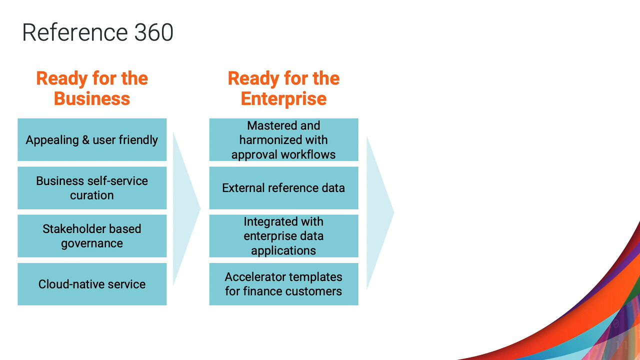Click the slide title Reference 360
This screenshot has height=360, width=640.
97,32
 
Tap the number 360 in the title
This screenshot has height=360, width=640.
153,32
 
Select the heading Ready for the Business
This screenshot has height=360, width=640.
92,88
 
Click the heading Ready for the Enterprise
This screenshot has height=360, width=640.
283,88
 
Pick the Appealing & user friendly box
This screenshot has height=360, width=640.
92,139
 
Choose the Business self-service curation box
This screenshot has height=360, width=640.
92,188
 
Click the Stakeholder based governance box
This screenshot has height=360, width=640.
92,236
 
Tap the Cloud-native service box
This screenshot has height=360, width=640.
92,284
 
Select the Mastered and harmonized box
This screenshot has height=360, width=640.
283,139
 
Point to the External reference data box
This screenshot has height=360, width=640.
283,188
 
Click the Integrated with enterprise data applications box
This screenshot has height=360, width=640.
283,236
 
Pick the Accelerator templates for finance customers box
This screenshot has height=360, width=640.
283,284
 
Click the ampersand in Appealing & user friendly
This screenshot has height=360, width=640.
85,140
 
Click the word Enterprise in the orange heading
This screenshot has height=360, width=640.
283,99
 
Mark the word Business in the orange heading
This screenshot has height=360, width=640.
92,98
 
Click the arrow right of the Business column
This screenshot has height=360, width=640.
186,208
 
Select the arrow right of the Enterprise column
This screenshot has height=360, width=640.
380,212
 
